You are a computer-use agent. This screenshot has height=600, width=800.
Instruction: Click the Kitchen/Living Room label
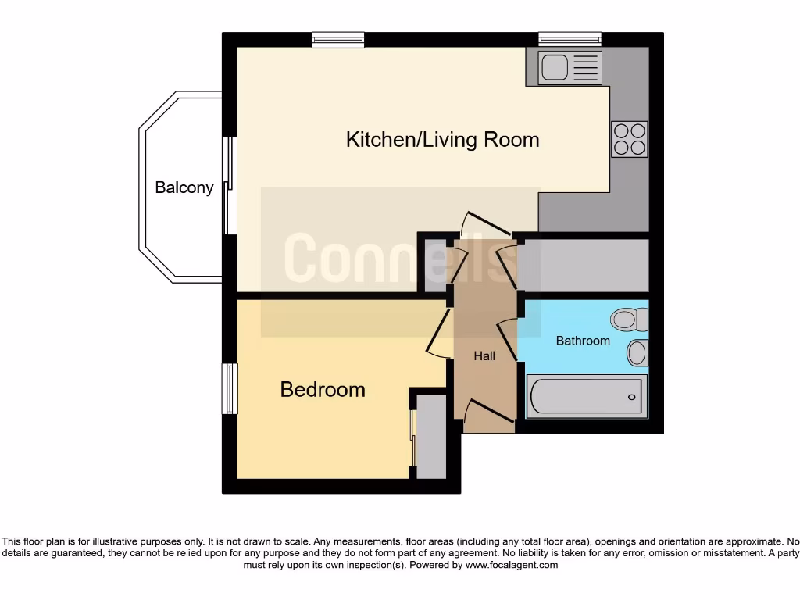[x=442, y=140]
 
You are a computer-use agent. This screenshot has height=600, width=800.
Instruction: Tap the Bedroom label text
[x=323, y=389]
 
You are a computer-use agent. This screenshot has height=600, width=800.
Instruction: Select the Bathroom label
[x=582, y=341]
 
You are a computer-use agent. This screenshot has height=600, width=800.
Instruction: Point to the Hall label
[x=484, y=356]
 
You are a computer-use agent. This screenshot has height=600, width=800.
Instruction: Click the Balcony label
[x=184, y=187]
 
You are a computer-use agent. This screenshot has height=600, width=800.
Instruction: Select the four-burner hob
[x=630, y=139]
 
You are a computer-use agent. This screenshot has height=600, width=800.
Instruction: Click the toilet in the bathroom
[x=630, y=319]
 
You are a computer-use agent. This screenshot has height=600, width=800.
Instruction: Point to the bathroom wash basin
[x=637, y=352]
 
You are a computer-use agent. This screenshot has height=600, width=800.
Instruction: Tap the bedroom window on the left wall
[x=230, y=388]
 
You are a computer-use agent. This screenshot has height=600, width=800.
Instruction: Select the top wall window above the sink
[x=570, y=39]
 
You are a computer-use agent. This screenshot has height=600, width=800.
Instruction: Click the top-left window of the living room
[x=337, y=39]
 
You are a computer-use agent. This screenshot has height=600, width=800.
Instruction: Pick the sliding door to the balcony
[x=228, y=186]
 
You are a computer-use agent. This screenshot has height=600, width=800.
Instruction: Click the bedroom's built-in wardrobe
[x=431, y=437]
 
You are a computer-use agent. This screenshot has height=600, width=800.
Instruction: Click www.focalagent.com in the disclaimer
[x=511, y=565]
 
